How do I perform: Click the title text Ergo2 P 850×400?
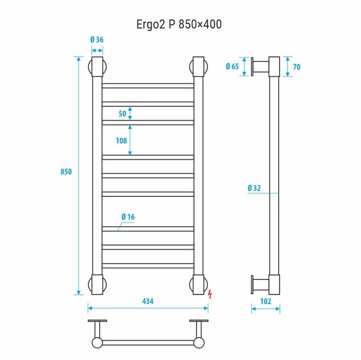pos(179,24)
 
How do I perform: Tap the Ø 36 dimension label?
pos(97,39)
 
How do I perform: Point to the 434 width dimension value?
pos(147,301)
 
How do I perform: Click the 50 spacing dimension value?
pos(122,113)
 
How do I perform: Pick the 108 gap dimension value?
pos(121,141)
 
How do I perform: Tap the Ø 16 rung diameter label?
pos(128,217)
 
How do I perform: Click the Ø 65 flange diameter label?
pos(232,67)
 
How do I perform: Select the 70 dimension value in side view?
pos(297,67)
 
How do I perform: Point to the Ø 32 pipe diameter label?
pos(254,188)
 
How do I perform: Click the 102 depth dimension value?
pos(266,301)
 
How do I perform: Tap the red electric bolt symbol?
pos(210,294)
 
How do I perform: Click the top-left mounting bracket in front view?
pos(97,67)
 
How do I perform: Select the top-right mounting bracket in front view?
pos(198,67)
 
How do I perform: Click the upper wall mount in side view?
pos(260,67)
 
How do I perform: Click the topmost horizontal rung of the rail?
pos(148,86)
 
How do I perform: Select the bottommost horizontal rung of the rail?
pos(148,266)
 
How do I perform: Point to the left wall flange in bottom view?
pos(97,321)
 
